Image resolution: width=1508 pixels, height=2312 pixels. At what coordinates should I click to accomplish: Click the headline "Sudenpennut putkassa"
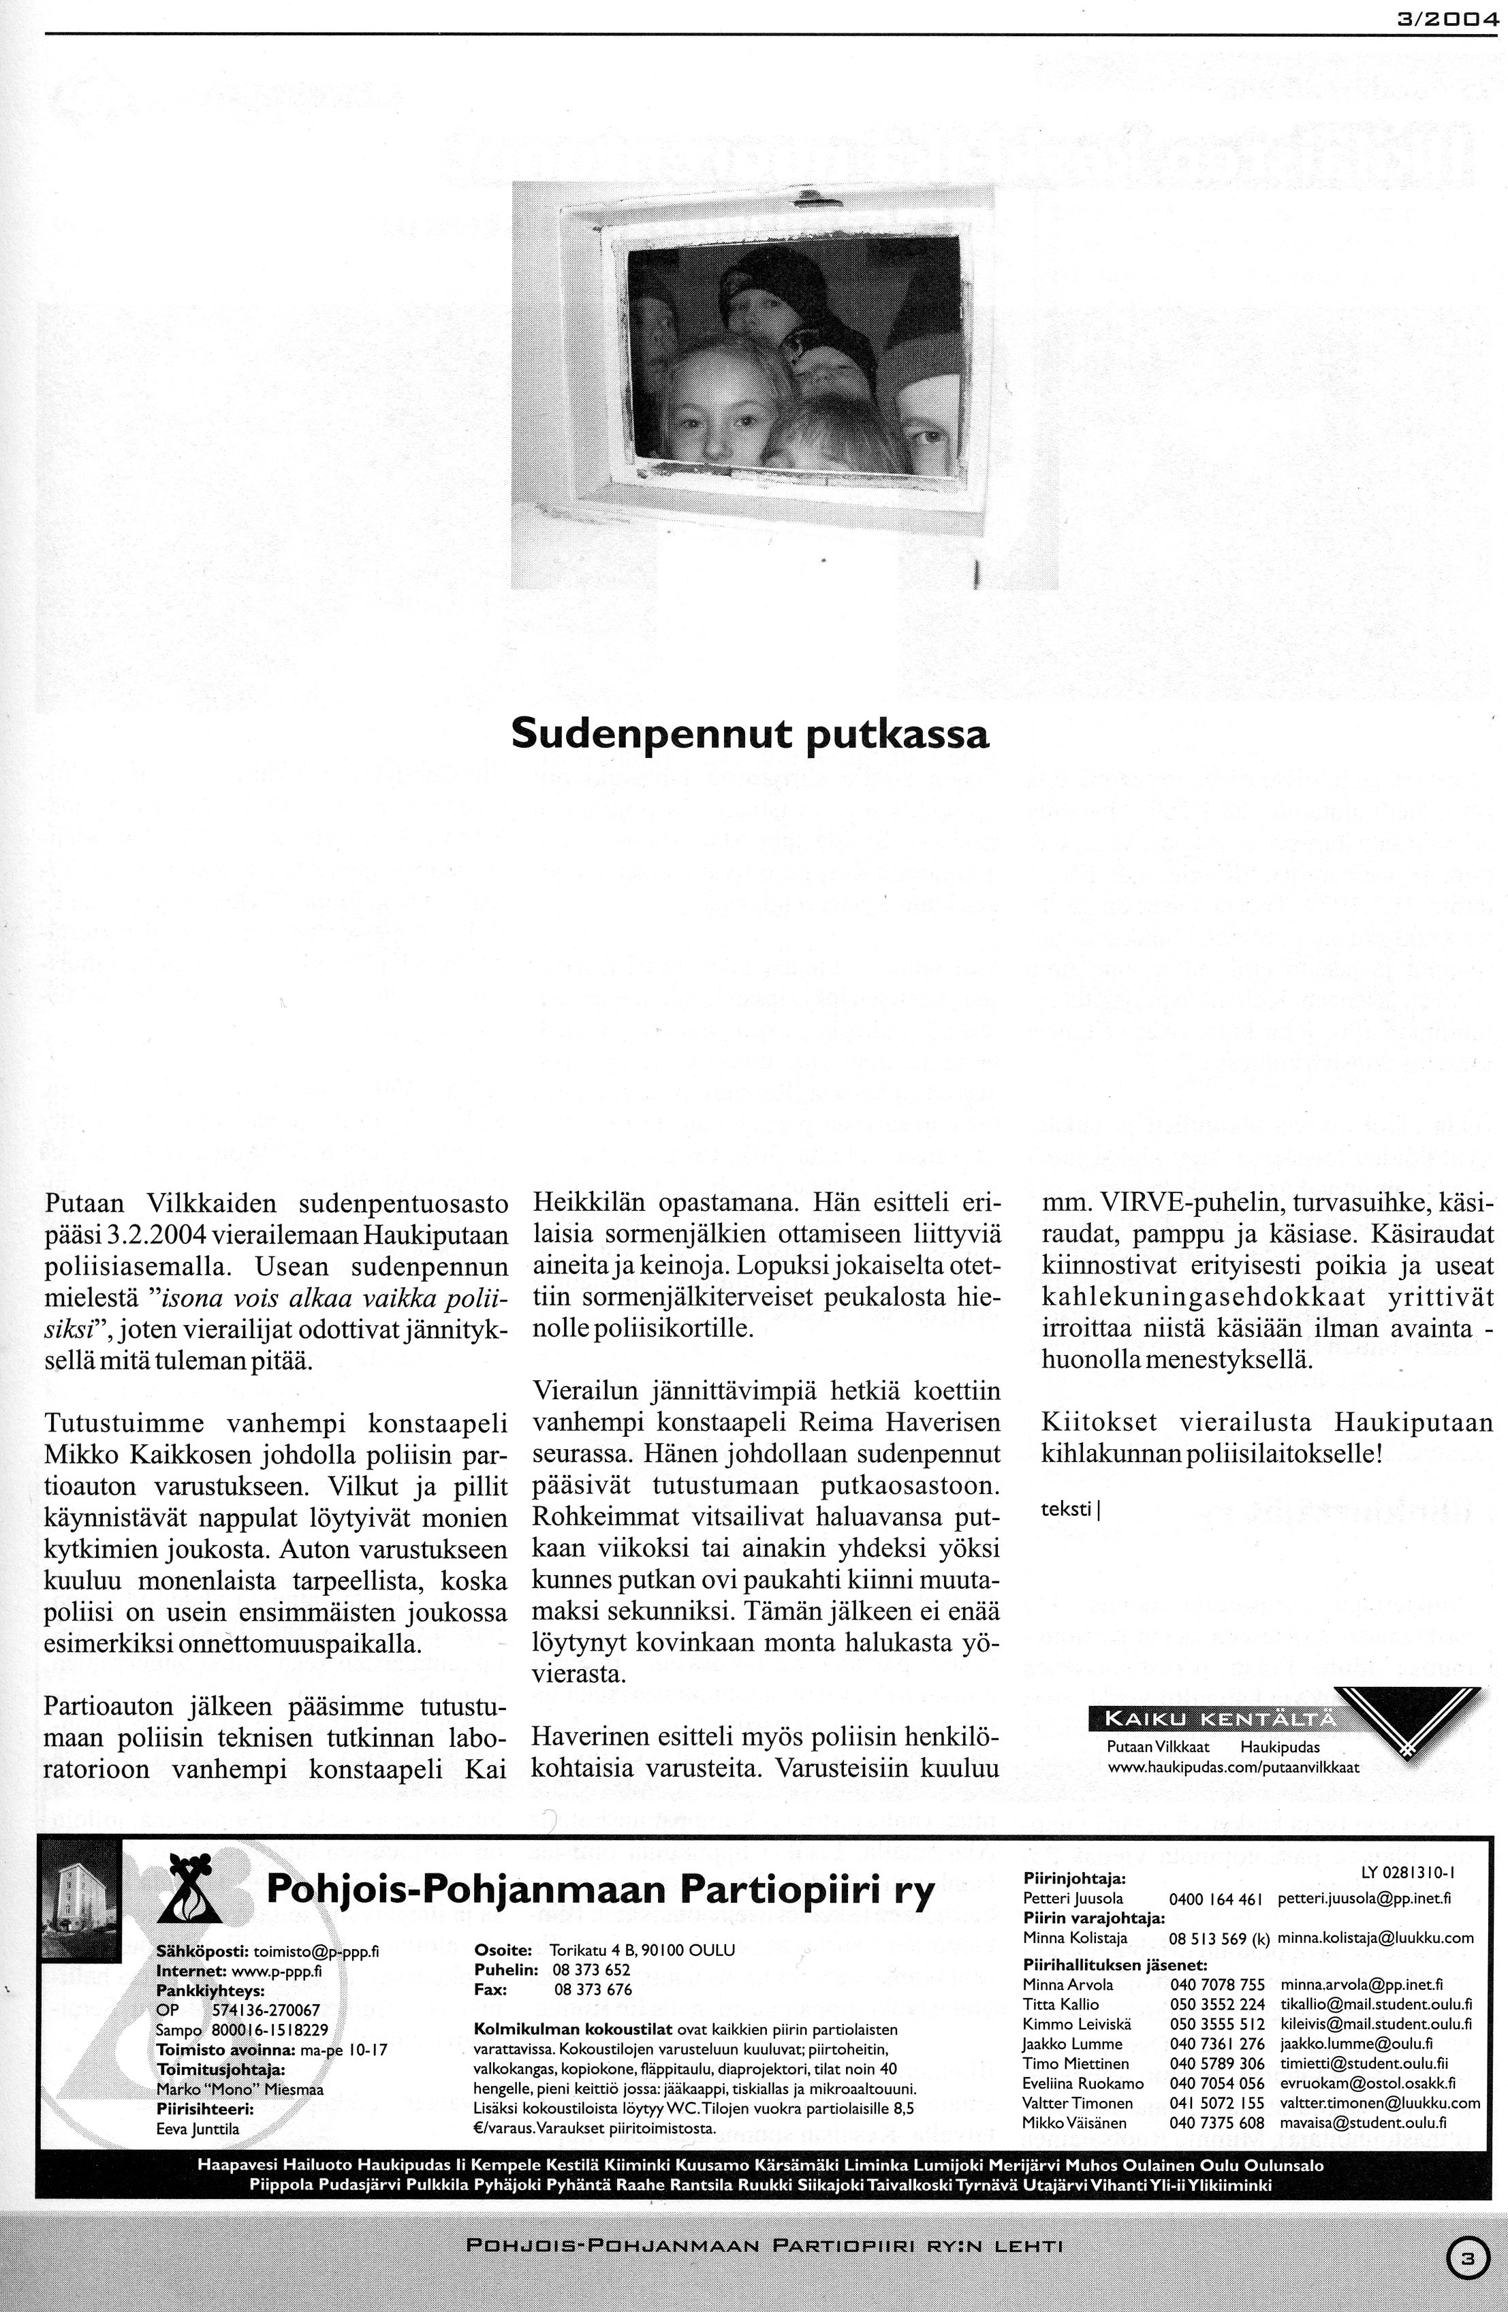[750, 733]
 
